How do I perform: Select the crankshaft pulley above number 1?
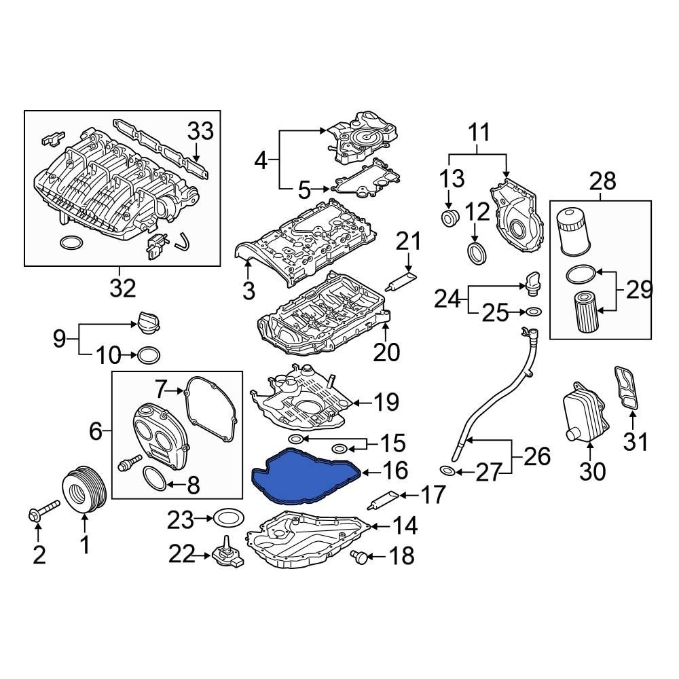(x=82, y=488)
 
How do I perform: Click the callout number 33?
(x=200, y=131)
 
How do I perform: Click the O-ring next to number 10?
(x=149, y=354)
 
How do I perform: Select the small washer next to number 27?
(x=447, y=471)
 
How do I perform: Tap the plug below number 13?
(x=449, y=219)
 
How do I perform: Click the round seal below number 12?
(x=478, y=253)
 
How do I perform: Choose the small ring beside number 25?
(x=533, y=312)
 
